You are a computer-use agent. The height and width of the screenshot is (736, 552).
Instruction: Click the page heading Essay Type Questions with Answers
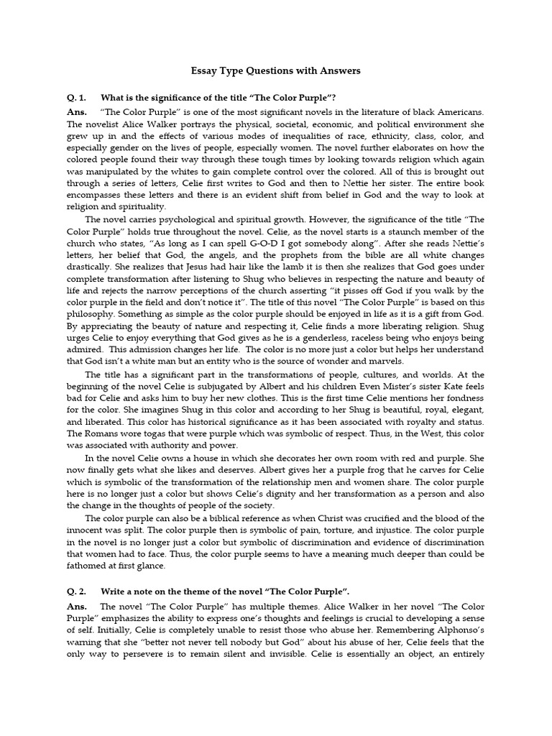[x=275, y=71]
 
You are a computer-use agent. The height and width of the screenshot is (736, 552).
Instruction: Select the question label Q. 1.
[x=75, y=97]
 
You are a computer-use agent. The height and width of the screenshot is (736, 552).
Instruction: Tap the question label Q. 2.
[x=75, y=592]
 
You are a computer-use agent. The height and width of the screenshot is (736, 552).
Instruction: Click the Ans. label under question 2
[x=76, y=607]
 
